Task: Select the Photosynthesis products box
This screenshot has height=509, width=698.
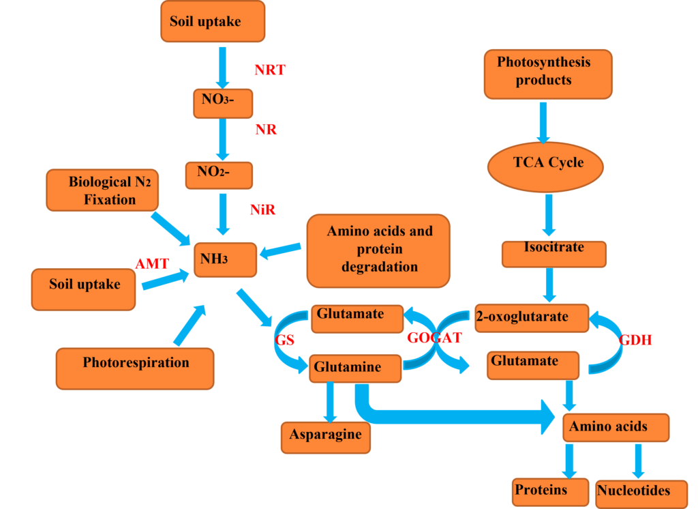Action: [547, 73]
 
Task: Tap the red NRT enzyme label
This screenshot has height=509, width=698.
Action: [270, 70]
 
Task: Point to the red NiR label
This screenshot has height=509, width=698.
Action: [262, 210]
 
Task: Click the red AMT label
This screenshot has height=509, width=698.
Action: [152, 263]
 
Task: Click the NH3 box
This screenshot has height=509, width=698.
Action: [225, 259]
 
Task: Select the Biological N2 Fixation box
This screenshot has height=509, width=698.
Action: [102, 191]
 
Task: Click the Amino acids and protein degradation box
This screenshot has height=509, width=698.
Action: [379, 250]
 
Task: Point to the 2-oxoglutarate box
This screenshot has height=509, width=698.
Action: [532, 317]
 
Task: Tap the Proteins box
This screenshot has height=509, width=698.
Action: [549, 491]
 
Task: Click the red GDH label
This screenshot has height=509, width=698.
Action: [635, 339]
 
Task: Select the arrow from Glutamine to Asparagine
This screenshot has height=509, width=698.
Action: [330, 403]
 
